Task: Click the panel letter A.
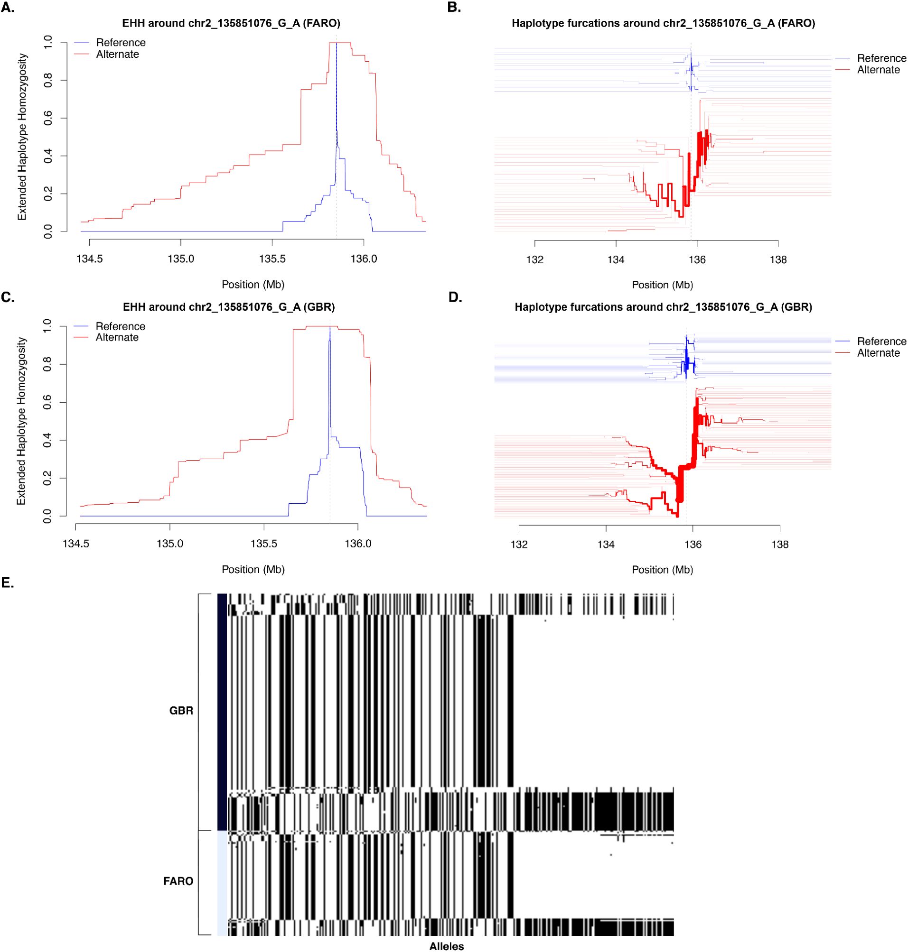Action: [7, 8]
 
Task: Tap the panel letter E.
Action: [7, 583]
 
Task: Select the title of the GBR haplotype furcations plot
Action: [663, 307]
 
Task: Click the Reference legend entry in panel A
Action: [121, 43]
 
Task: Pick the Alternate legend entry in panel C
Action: [117, 338]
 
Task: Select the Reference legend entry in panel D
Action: [881, 342]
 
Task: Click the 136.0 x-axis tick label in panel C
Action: [358, 544]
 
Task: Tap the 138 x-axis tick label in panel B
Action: [778, 260]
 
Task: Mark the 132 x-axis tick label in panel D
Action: [519, 545]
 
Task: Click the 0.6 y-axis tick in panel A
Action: [48, 118]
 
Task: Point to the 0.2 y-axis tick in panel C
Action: [47, 479]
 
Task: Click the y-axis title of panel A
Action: [22, 137]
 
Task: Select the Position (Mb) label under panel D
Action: [662, 570]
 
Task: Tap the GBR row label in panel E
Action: [181, 711]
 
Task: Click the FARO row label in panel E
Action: [178, 881]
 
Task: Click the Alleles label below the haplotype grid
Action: [446, 946]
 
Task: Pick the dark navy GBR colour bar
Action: [222, 712]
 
